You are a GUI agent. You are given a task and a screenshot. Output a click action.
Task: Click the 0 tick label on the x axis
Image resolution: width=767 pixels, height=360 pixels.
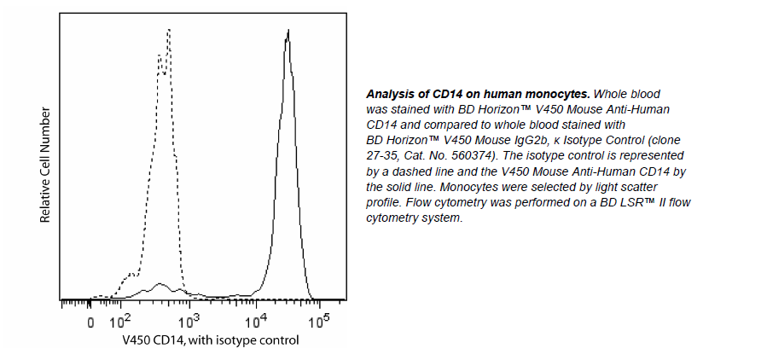click(91, 323)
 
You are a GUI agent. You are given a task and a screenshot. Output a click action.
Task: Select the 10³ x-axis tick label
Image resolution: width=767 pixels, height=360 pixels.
click(189, 322)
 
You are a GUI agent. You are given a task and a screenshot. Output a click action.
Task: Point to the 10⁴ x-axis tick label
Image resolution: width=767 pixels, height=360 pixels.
click(256, 322)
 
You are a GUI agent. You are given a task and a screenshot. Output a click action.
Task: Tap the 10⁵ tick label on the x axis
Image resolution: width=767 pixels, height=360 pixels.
click(319, 322)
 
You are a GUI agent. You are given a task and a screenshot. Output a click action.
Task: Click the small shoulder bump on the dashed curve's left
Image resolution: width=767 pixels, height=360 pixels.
click(131, 275)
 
